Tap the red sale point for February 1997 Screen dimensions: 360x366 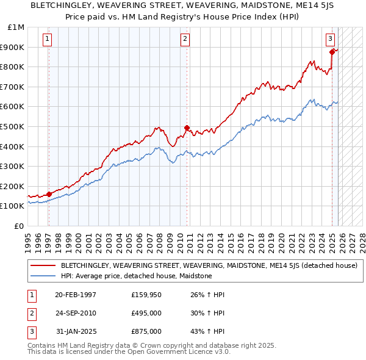pos(49,194)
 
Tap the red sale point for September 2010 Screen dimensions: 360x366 pos(187,128)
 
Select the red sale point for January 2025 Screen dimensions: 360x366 pos(332,52)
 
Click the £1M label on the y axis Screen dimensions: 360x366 pos(16,27)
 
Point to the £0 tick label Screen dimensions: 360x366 pos(20,226)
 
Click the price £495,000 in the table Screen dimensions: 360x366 pos(146,313)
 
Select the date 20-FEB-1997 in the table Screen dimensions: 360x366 pos(75,295)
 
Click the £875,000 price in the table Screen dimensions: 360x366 pos(146,331)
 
